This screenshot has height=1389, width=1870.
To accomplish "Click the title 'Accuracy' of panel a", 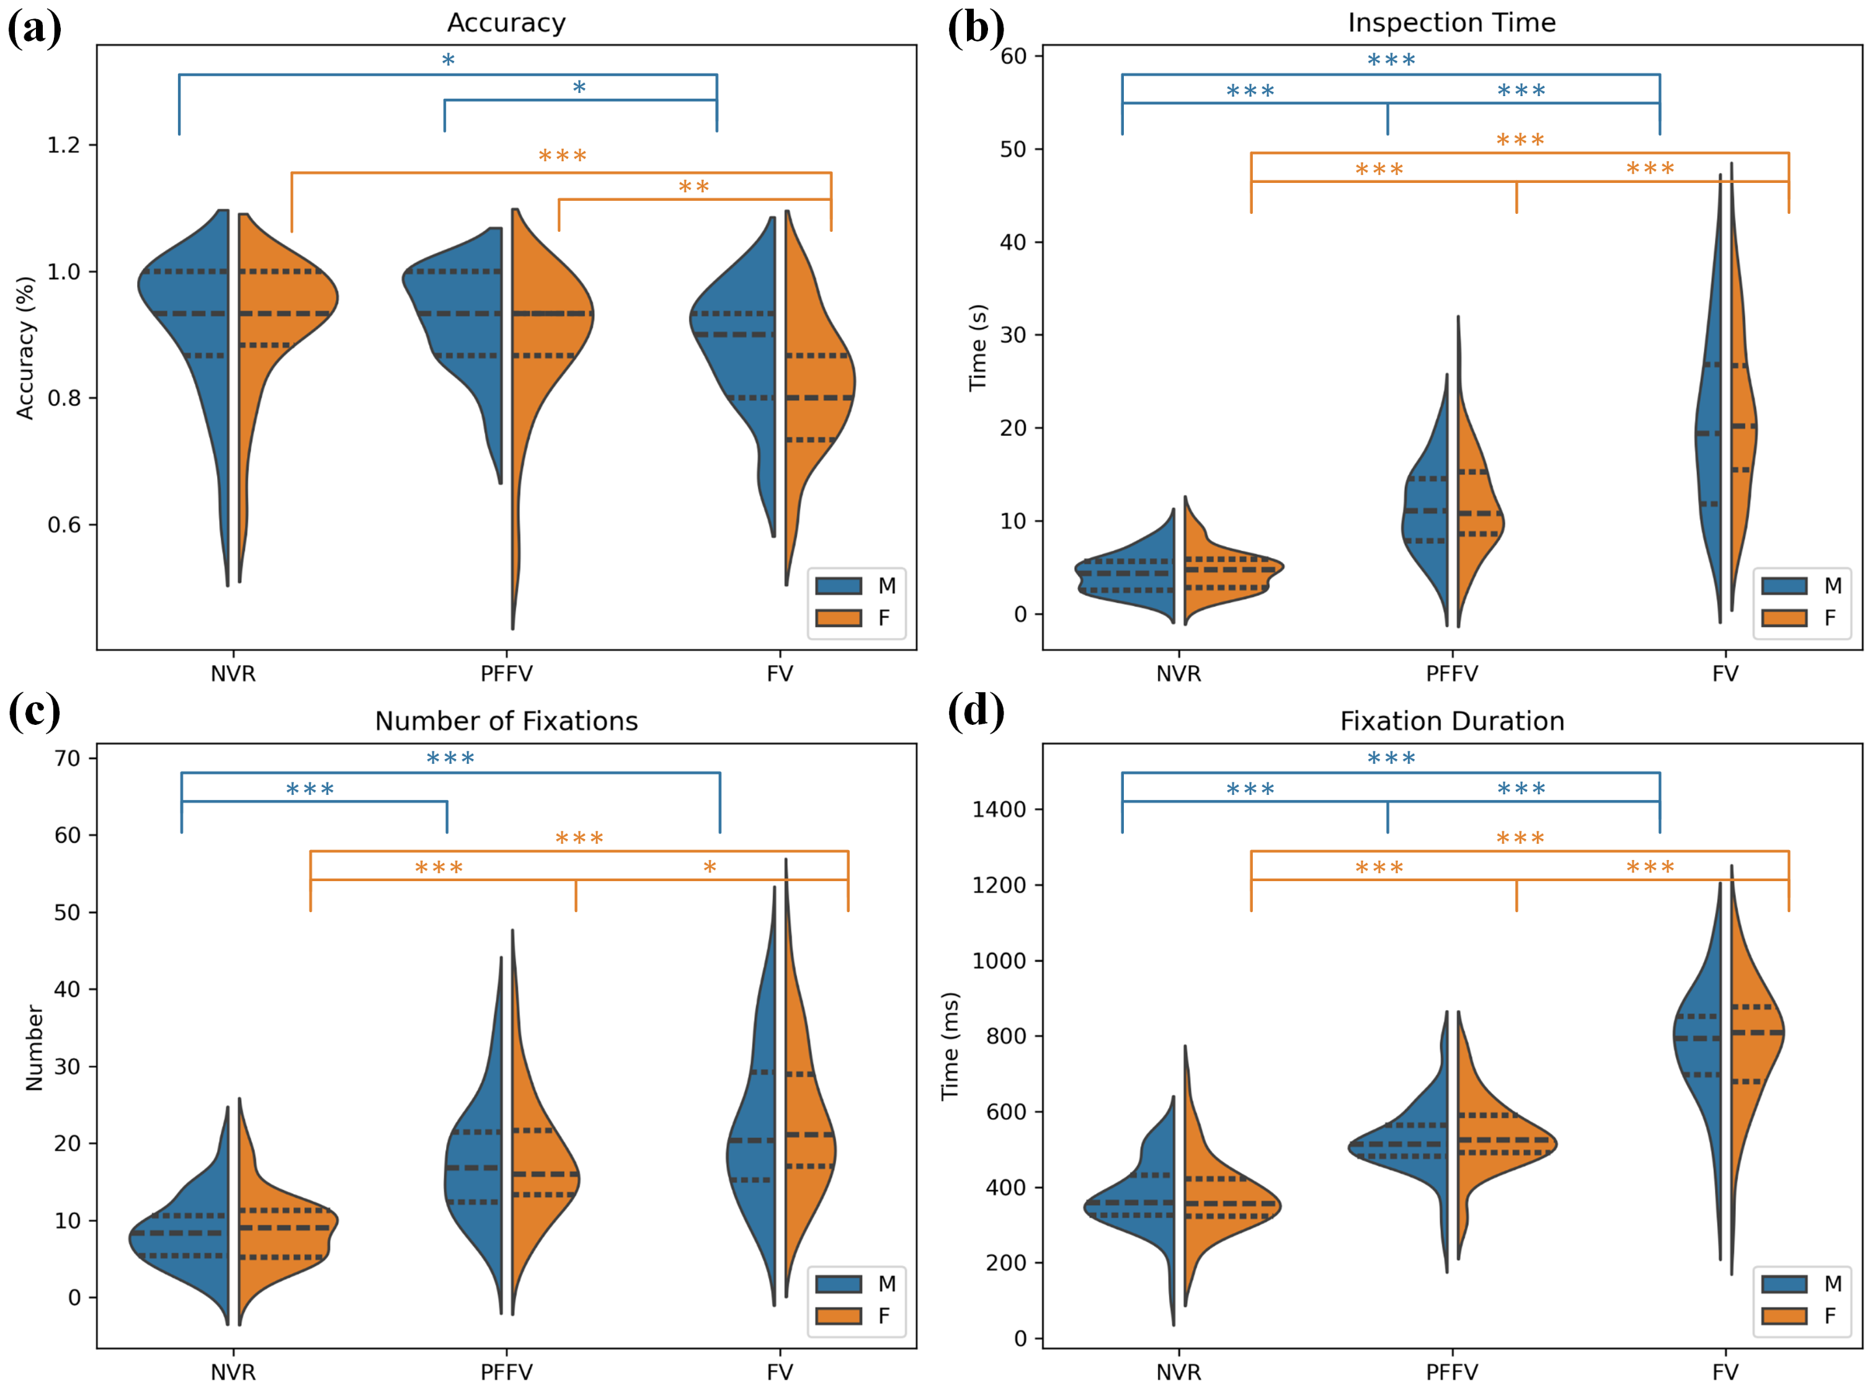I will [505, 23].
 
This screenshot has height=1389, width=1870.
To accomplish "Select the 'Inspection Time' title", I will [1451, 23].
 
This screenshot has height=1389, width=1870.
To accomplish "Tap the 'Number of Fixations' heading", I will [505, 721].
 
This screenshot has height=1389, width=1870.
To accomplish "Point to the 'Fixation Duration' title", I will [1451, 721].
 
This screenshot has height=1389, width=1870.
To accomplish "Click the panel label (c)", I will [33, 711].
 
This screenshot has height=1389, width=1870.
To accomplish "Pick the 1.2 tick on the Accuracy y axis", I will [64, 146].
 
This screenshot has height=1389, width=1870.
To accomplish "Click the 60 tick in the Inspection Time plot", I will [1014, 56].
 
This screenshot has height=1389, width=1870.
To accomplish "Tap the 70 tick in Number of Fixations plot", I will [67, 758].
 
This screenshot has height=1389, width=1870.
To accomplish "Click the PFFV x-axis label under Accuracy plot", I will [506, 673].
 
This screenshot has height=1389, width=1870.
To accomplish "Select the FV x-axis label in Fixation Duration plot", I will [1724, 1372].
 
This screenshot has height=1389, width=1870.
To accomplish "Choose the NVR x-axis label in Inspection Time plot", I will [1178, 673].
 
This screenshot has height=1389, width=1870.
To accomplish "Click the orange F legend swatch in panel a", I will [839, 618].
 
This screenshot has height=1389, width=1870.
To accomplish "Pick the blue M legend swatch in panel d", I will [1783, 1284].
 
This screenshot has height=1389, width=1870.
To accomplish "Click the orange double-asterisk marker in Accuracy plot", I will [693, 187].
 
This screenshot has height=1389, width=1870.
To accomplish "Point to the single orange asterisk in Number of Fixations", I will [710, 868].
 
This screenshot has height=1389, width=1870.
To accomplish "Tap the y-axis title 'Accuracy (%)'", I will [25, 347].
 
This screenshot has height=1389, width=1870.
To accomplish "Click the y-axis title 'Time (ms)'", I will [950, 1047].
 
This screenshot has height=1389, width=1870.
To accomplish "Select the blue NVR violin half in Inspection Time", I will [1135, 572].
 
